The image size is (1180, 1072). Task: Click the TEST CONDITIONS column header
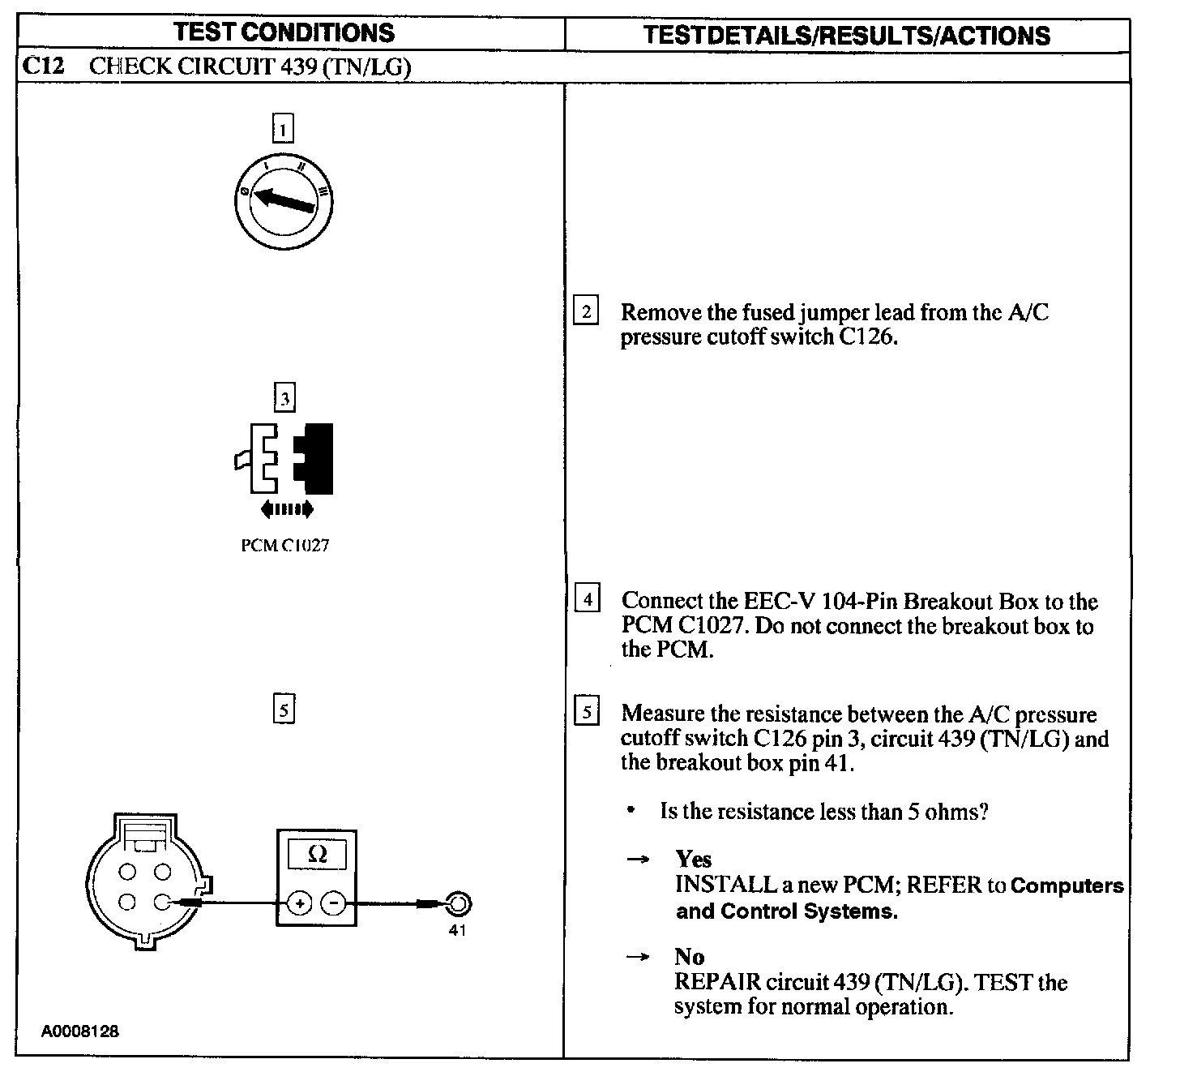pyautogui.click(x=284, y=32)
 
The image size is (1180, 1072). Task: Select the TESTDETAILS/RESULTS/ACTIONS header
pyautogui.click(x=846, y=35)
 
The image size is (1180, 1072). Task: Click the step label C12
pyautogui.click(x=43, y=66)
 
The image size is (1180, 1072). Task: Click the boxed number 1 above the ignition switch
pyautogui.click(x=283, y=129)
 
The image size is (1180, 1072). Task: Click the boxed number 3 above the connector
pyautogui.click(x=284, y=398)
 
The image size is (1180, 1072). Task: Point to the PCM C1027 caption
pyautogui.click(x=284, y=545)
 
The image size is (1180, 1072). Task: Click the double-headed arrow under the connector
pyautogui.click(x=286, y=509)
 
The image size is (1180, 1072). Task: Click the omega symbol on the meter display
pyautogui.click(x=318, y=855)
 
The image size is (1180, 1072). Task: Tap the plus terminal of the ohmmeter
pyautogui.click(x=300, y=903)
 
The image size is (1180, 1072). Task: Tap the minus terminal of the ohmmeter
pyautogui.click(x=333, y=903)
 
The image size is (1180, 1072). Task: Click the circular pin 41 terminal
pyautogui.click(x=458, y=903)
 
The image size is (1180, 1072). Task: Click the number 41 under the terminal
pyautogui.click(x=458, y=930)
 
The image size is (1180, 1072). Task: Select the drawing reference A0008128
pyautogui.click(x=80, y=1031)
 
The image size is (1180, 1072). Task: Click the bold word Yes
pyautogui.click(x=694, y=859)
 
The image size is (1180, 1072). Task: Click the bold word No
pyautogui.click(x=689, y=957)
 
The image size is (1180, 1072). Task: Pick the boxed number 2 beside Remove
pyautogui.click(x=586, y=311)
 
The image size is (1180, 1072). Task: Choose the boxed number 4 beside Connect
pyautogui.click(x=587, y=599)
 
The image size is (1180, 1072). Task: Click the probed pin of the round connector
pyautogui.click(x=163, y=902)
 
